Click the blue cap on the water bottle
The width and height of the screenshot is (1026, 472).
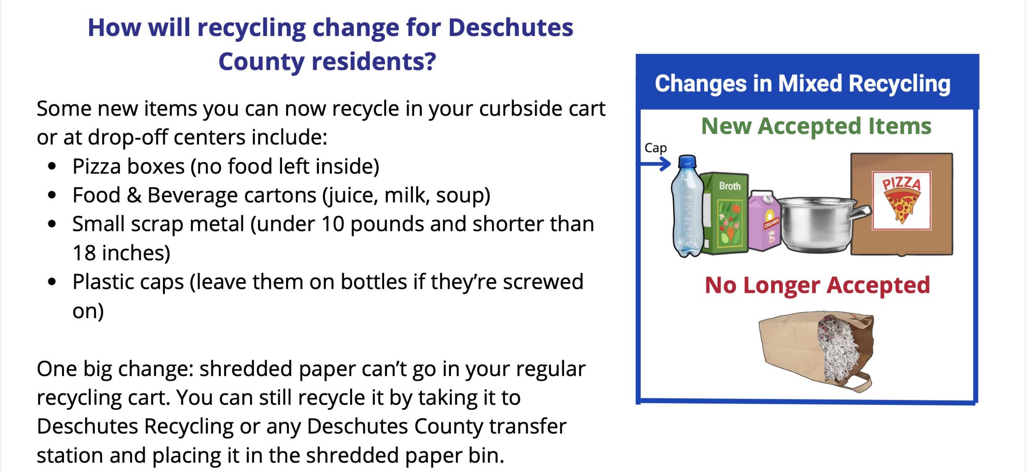687,161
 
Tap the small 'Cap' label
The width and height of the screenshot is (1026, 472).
655,148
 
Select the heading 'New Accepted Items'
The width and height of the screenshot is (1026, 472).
816,126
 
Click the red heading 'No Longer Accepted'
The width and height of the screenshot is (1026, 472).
817,285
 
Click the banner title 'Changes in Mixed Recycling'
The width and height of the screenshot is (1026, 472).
803,84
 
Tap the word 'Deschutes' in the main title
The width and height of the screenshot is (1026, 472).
511,27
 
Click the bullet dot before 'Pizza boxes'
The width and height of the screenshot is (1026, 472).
52,166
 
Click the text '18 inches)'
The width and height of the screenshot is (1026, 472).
121,253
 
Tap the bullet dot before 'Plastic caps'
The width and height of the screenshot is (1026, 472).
52,282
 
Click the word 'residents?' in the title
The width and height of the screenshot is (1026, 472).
374,62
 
